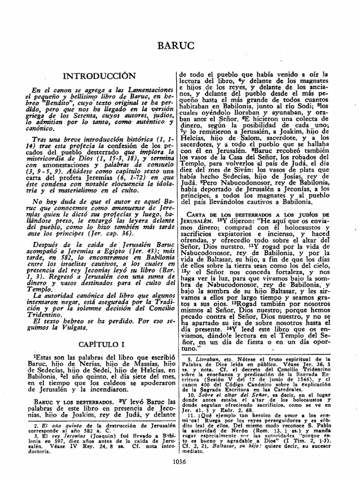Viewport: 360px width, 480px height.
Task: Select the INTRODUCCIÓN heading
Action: coord(99,76)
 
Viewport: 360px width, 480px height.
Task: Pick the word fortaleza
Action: coord(282,271)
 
